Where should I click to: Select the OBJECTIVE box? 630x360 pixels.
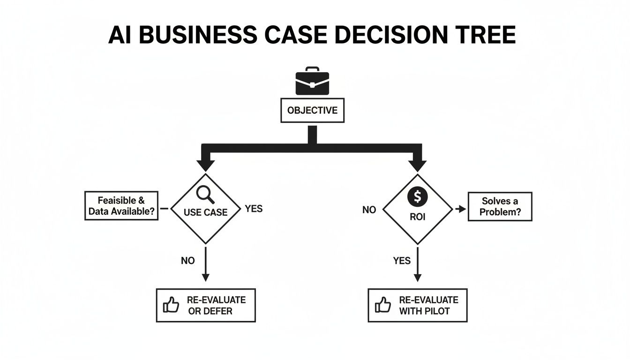pos(312,111)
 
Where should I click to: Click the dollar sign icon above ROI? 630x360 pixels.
pos(418,197)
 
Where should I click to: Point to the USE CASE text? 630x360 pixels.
pos(205,212)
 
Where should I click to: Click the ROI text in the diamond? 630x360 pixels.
pos(418,218)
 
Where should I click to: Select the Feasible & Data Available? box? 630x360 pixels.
pos(121,206)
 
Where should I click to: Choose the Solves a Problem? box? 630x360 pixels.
pos(500,206)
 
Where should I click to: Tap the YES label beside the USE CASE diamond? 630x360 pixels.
pos(254,209)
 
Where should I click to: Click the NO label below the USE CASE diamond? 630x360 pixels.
pos(187,261)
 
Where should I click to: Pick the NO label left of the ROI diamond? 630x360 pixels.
pos(369,210)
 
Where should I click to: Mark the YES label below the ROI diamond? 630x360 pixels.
pos(402,261)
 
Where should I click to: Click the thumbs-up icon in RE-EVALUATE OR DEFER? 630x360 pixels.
pos(171,306)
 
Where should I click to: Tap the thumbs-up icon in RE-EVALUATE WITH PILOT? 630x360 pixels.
pos(383,306)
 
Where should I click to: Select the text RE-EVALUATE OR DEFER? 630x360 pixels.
pos(216,305)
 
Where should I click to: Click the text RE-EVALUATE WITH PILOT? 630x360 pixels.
pos(428,305)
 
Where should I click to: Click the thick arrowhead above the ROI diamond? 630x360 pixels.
pos(418,165)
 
